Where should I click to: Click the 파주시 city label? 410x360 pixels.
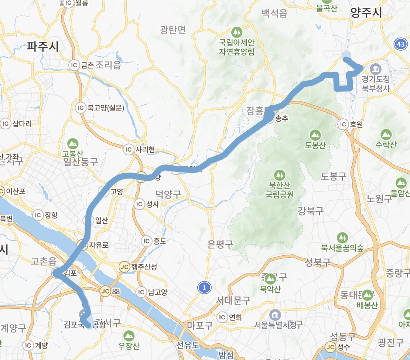click(x=43, y=47)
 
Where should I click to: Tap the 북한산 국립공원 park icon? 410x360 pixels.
click(x=279, y=174)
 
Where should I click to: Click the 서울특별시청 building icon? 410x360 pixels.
click(x=275, y=315)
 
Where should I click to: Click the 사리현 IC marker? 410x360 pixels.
click(x=129, y=149)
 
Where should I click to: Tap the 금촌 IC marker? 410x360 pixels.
click(x=74, y=65)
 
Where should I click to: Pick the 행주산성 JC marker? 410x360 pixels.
click(x=124, y=267)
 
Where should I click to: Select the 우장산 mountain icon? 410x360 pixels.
click(x=129, y=336)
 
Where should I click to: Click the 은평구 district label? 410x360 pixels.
click(x=220, y=244)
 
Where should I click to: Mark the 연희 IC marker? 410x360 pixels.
click(x=222, y=317)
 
